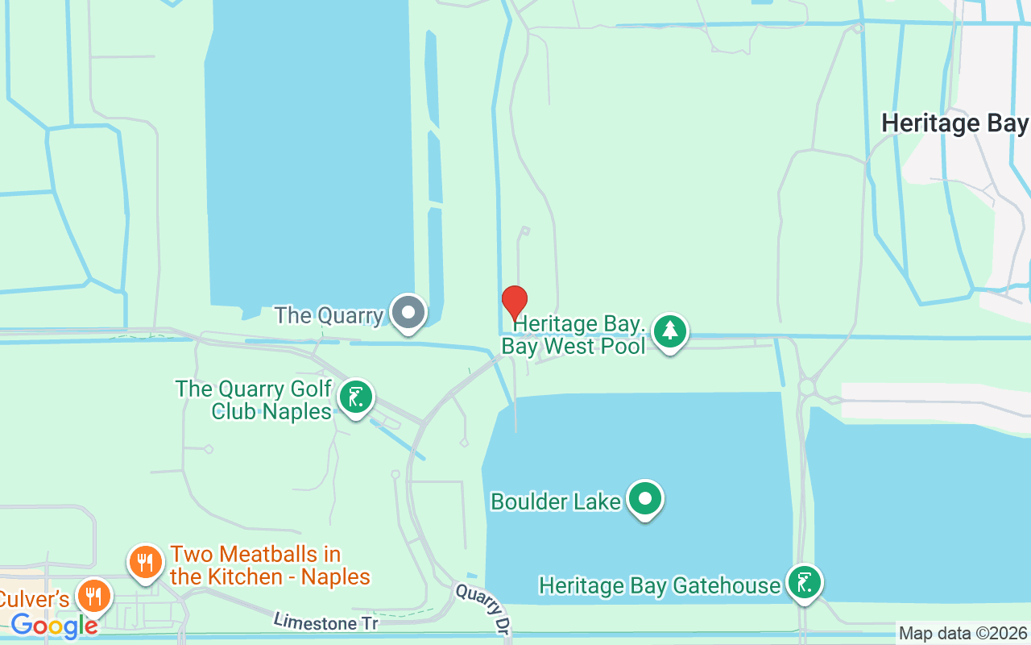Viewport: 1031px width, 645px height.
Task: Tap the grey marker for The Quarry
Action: coord(408,312)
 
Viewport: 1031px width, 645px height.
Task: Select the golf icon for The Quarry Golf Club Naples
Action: coord(355,397)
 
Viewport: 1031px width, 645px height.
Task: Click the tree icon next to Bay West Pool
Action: coord(669,331)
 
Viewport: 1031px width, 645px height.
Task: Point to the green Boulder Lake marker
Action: coord(644,499)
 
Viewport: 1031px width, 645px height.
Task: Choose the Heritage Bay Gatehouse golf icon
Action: coord(804,582)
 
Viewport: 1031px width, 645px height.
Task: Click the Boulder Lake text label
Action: coord(556,501)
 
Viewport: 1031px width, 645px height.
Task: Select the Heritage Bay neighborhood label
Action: coord(954,123)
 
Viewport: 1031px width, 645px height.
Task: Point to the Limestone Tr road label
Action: coord(325,622)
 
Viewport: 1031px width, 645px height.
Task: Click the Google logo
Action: coord(54,625)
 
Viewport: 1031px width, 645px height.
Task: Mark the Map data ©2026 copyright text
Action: coord(963,634)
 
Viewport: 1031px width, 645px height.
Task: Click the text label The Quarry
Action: coord(329,315)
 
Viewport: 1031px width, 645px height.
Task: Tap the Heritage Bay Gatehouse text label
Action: coord(660,585)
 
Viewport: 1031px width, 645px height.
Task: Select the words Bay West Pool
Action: coord(573,347)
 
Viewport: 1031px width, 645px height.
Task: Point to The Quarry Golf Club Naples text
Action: coord(254,400)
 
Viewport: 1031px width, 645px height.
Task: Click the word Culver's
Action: coord(35,599)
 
